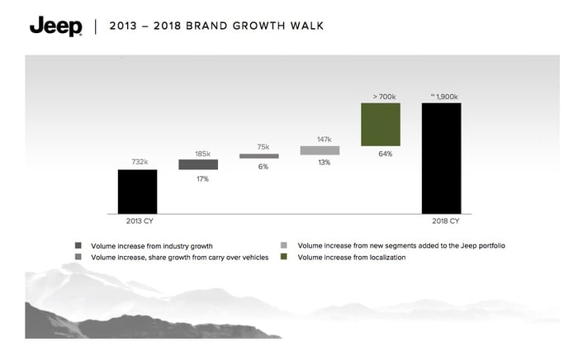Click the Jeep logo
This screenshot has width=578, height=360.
[x=56, y=26]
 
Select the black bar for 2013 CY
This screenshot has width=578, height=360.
[x=138, y=192]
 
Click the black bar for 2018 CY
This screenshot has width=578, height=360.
[x=441, y=159]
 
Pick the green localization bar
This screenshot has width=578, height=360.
[x=381, y=125]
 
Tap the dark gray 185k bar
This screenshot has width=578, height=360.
[x=198, y=164]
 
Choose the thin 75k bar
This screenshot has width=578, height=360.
[x=259, y=156]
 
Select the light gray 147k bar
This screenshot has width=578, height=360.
[x=320, y=150]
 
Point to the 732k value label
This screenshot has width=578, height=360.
[x=140, y=162]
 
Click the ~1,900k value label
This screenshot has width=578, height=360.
[x=444, y=97]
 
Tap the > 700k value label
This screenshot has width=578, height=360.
[x=384, y=97]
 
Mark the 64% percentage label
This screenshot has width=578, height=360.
[x=386, y=154]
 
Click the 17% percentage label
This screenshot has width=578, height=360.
[x=203, y=179]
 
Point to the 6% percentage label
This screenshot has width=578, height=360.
[x=263, y=167]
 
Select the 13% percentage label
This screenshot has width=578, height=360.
[x=325, y=163]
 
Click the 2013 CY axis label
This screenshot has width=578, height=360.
[x=140, y=221]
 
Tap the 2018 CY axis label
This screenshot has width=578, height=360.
[x=446, y=221]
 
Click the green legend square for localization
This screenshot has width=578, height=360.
[x=283, y=257]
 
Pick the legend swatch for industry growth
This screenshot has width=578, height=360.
[x=78, y=245]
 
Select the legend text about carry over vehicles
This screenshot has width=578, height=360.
[x=180, y=258]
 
